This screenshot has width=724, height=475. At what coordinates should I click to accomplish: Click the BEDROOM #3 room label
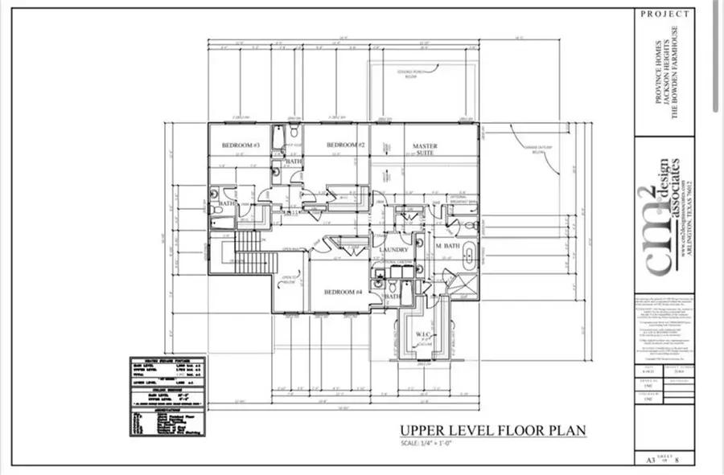(x=240, y=145)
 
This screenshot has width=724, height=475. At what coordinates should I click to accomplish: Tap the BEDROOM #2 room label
(x=347, y=145)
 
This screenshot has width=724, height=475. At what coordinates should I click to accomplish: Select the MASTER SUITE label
(x=425, y=150)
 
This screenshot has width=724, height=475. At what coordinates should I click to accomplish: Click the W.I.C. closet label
(x=423, y=334)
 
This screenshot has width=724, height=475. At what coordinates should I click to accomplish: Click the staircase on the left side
(x=249, y=252)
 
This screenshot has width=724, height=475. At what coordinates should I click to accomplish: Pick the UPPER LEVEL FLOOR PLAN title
(x=492, y=431)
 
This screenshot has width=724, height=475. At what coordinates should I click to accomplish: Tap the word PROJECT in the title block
(x=664, y=14)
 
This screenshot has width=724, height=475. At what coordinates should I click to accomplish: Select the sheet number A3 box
(x=648, y=460)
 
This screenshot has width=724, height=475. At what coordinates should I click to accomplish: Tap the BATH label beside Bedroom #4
(x=392, y=297)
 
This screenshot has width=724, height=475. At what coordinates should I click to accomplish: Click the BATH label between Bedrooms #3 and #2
(x=294, y=162)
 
